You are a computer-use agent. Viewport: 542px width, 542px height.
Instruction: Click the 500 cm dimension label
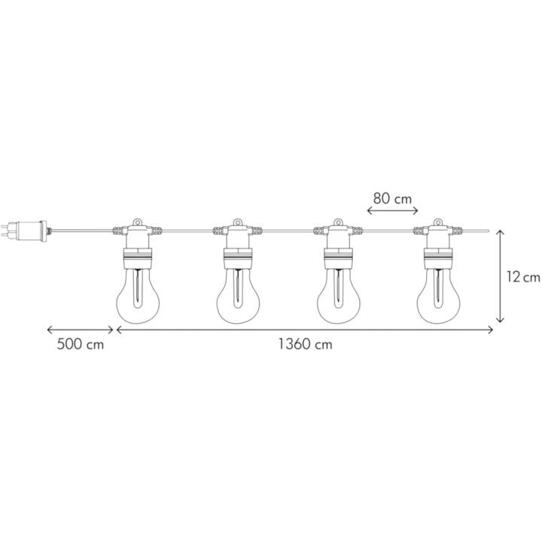click(81, 344)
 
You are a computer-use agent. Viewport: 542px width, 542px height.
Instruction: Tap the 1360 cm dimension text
click(305, 344)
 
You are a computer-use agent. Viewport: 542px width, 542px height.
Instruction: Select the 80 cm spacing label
click(392, 199)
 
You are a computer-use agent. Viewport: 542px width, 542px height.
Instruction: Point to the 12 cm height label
click(523, 277)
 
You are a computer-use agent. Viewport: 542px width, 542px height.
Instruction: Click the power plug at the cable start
click(23, 231)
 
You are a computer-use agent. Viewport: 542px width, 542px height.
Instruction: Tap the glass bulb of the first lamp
click(138, 297)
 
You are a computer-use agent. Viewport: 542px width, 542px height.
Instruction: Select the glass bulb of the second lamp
click(238, 297)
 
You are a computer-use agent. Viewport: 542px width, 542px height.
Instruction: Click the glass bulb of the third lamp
click(338, 297)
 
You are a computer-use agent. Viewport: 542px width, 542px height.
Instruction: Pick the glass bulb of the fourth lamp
click(438, 297)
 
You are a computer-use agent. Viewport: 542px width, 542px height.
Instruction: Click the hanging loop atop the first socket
click(138, 222)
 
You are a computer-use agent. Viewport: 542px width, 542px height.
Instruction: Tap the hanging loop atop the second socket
click(238, 222)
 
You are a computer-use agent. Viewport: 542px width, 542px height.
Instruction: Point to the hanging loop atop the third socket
click(338, 222)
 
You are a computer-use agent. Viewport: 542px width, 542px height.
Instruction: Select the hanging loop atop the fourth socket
click(438, 222)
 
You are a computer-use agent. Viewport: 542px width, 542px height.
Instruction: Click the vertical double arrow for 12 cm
click(500, 276)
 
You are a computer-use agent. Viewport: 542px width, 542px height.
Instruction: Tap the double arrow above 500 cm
click(81, 330)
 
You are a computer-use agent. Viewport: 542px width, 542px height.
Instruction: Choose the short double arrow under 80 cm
click(392, 211)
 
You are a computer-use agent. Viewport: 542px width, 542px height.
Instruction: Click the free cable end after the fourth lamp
click(488, 230)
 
